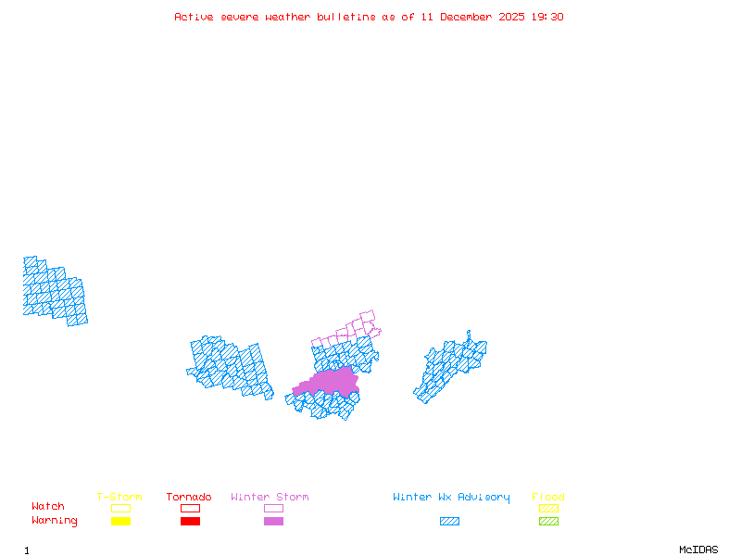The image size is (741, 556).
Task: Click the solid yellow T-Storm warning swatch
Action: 120,521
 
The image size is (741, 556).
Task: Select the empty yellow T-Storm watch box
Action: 120,508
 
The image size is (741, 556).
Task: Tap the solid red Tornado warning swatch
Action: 190,521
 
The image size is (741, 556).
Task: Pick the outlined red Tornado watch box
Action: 190,508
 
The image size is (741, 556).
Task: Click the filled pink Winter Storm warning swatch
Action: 273,521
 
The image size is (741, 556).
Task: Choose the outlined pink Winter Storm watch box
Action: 273,508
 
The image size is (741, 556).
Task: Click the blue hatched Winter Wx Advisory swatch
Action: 449,521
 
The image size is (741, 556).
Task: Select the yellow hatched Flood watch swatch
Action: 548,508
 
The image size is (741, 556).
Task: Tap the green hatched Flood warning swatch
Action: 548,521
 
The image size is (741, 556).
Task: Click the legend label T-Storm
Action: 119,497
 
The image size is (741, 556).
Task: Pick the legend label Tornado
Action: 189,497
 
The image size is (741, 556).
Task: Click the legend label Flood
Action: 548,497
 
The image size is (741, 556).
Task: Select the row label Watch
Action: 48,507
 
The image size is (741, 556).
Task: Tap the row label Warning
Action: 55,521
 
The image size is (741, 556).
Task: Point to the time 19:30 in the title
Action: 546,17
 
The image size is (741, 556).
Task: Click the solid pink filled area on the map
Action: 329,382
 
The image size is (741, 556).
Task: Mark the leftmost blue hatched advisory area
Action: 54,290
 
